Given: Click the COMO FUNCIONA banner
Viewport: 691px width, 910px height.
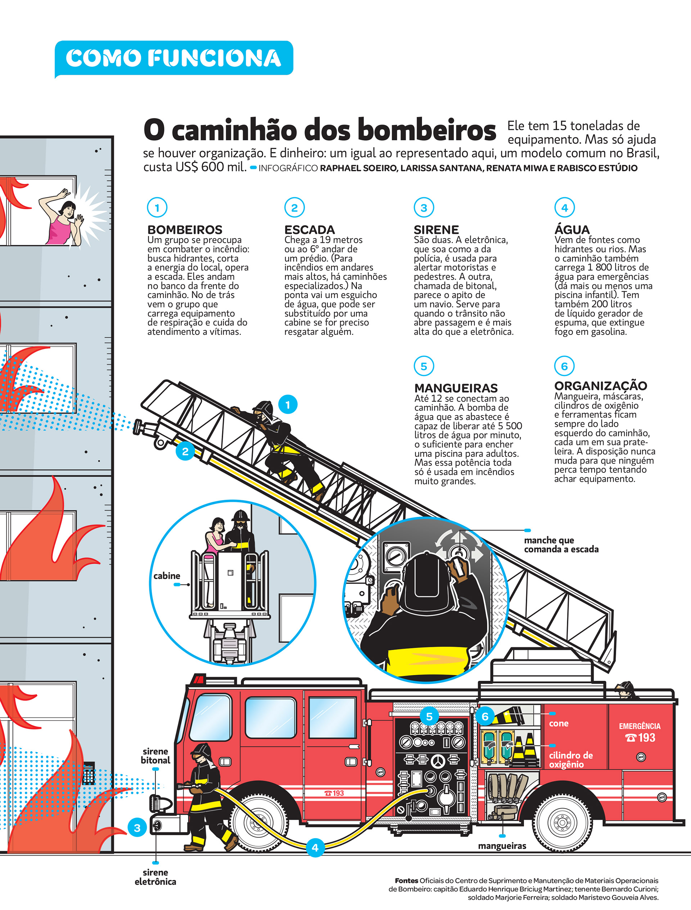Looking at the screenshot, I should click(x=173, y=58).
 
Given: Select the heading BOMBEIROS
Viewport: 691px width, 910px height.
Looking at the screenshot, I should click(x=185, y=230).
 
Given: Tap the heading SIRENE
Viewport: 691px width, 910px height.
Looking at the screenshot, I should click(x=436, y=230).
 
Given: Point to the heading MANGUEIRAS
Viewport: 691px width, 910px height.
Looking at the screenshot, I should click(x=456, y=388).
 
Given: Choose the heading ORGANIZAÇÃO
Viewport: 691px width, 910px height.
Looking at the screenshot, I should click(x=601, y=386).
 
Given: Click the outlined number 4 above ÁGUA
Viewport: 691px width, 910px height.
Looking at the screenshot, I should click(x=564, y=208).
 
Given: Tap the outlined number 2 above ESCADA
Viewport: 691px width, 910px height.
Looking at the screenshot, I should click(x=294, y=208).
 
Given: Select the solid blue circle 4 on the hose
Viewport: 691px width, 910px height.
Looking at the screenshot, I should click(x=315, y=847).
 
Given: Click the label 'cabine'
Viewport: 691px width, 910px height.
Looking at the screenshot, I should click(x=167, y=576).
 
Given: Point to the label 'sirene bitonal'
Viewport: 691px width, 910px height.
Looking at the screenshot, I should click(x=155, y=756).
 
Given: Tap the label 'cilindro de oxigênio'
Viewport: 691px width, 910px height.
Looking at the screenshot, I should click(x=571, y=760).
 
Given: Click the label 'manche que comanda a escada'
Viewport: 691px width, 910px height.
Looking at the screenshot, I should click(x=561, y=545).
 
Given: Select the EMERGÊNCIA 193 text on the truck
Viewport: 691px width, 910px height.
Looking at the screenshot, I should click(x=640, y=733).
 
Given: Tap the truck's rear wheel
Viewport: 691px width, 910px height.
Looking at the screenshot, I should click(x=562, y=823).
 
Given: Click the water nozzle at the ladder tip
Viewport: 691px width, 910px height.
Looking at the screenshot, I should click(x=144, y=427).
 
